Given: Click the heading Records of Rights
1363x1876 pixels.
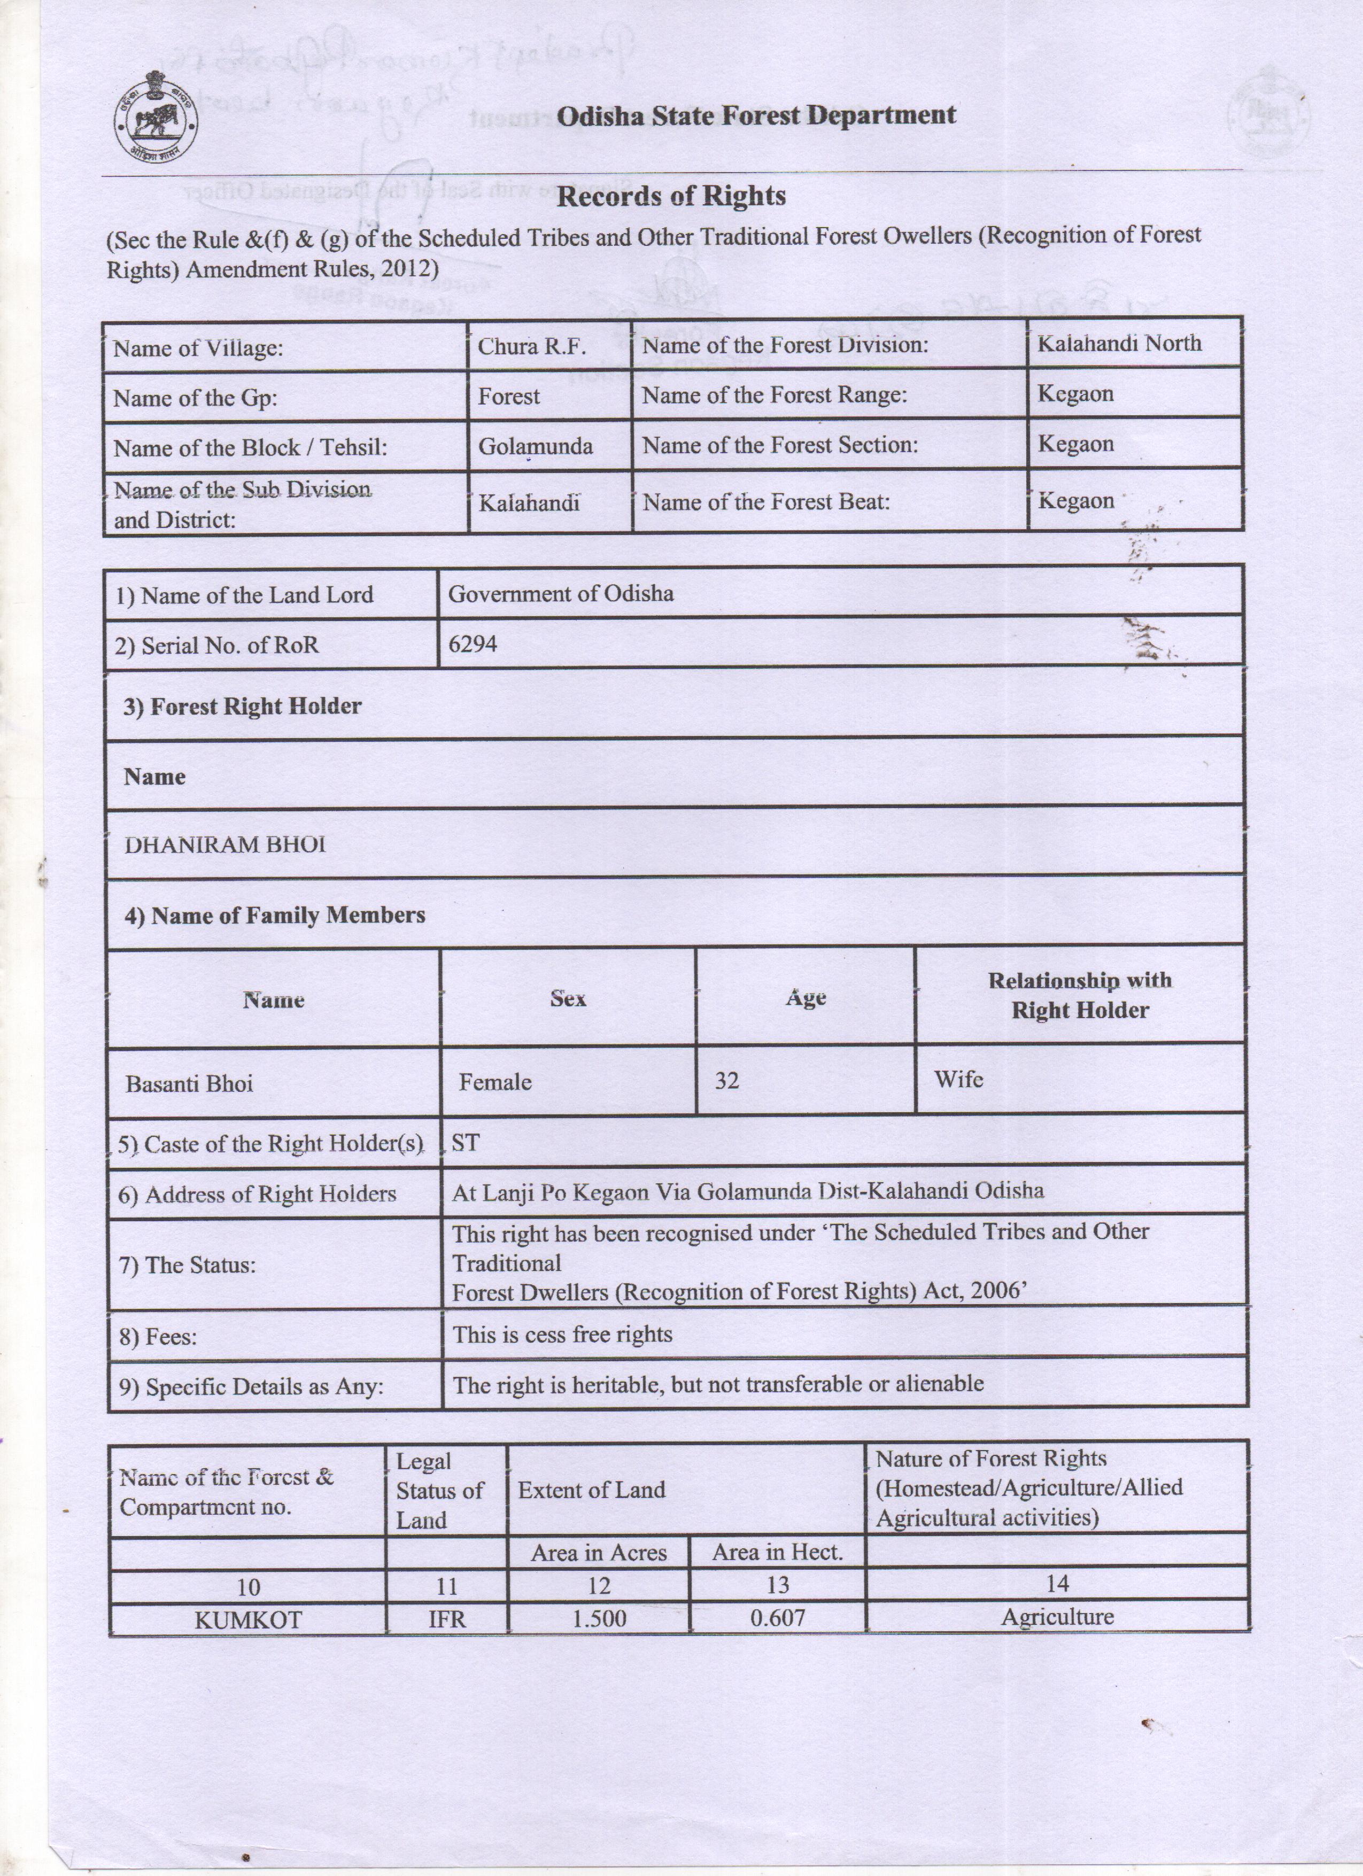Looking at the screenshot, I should (x=671, y=197).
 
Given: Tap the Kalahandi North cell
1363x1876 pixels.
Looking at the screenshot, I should (x=1119, y=343).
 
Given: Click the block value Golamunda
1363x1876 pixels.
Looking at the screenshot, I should (x=535, y=447).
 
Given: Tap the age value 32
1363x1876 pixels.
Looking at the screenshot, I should (x=726, y=1081).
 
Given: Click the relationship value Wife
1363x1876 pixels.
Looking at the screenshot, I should (x=958, y=1080).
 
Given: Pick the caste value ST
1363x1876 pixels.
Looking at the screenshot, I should (x=465, y=1143).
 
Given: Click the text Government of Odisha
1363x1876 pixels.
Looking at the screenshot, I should (x=560, y=594).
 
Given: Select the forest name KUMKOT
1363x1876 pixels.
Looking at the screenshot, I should (x=248, y=1619).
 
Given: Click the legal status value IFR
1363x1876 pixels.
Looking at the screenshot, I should (x=447, y=1619).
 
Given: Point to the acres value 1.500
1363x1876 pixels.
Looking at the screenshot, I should (x=599, y=1619).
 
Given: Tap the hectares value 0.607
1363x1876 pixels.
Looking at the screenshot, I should (x=777, y=1618).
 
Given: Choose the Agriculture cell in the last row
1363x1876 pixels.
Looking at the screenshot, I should (x=1057, y=1617).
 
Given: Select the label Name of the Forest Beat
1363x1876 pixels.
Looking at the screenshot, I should (x=766, y=502).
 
